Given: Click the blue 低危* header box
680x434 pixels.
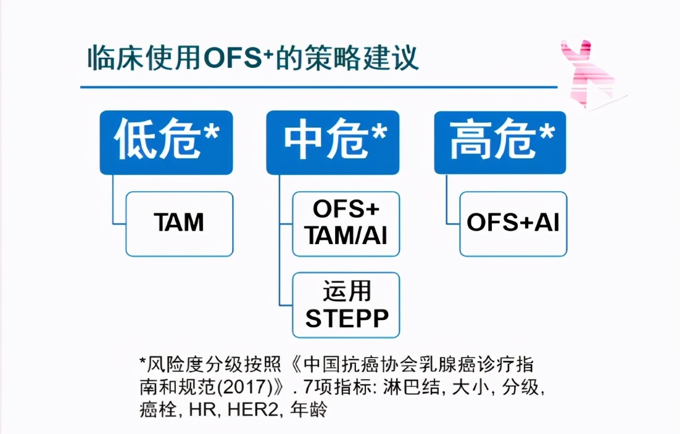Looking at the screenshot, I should tap(166, 142).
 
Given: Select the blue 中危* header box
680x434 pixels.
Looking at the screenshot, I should tap(335, 142).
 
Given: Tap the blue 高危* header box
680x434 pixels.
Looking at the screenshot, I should tap(500, 142).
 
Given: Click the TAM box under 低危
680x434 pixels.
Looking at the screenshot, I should tap(179, 224).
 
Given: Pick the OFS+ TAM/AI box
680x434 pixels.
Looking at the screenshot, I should tap(346, 224).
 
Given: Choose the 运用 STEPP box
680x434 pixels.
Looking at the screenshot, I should tap(346, 305).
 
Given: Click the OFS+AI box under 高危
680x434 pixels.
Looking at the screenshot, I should tap(513, 224).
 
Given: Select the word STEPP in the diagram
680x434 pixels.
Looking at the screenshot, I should tap(347, 319).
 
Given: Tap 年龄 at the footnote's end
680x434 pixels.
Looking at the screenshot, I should tap(309, 409).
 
